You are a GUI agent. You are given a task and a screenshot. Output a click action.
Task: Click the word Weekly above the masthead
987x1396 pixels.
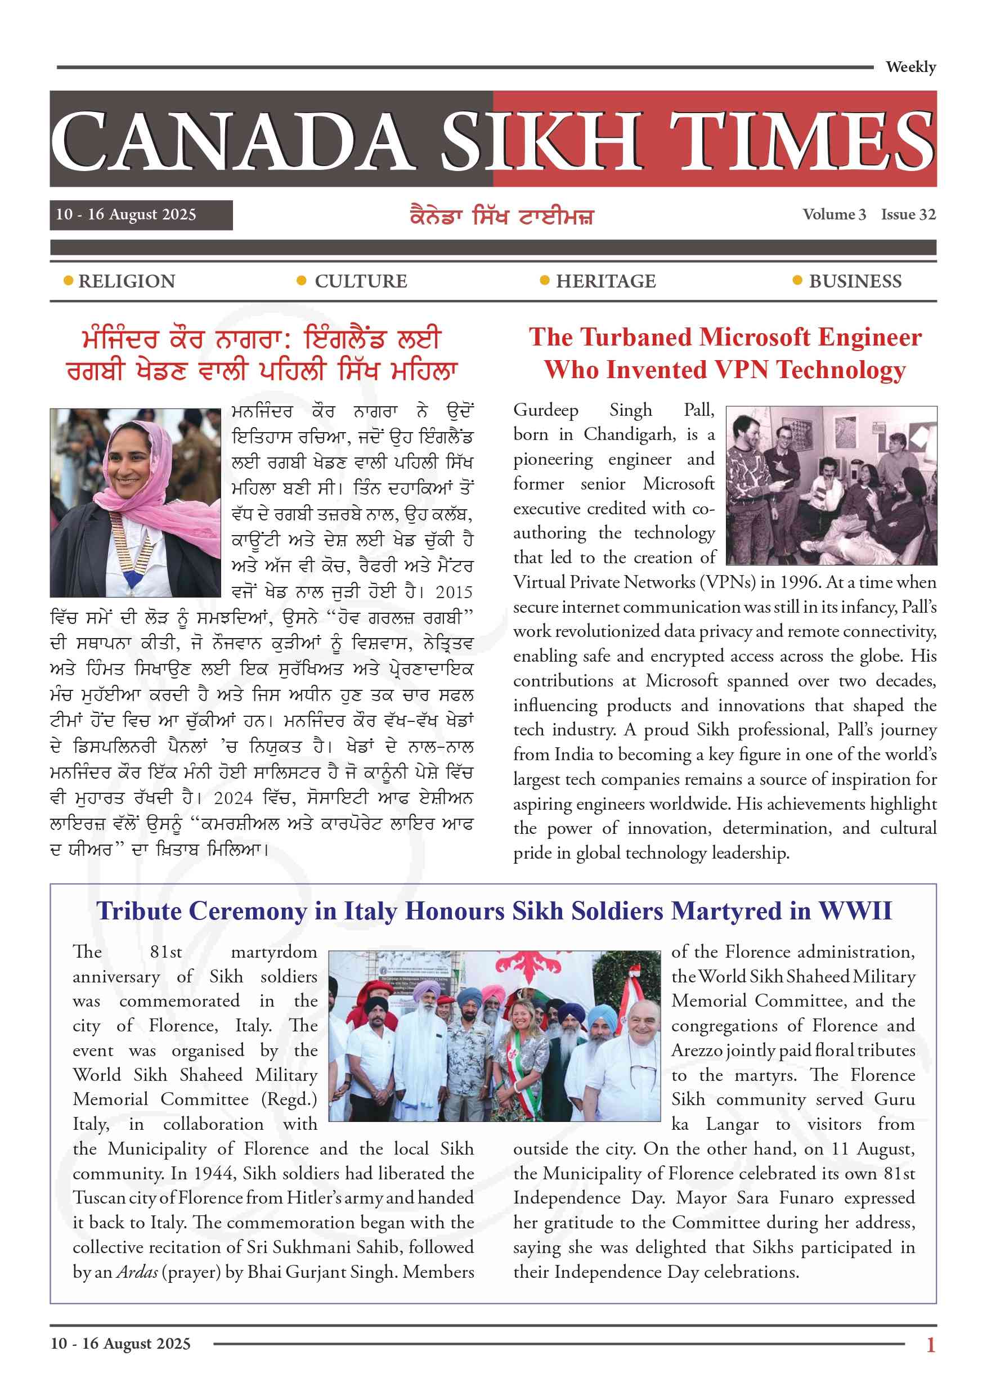910,67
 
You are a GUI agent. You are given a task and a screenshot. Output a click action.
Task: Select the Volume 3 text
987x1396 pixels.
834,214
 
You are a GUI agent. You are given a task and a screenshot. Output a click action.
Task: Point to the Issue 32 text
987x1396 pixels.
908,214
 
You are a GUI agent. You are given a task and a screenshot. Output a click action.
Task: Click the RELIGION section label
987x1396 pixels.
127,281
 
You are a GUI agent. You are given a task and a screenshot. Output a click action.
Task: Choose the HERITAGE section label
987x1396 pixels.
605,281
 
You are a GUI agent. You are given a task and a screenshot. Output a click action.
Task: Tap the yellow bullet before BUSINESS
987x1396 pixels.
797,280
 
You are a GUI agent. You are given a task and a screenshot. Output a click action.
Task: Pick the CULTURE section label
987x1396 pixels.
361,281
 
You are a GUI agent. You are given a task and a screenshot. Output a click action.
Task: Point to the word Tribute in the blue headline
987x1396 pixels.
139,911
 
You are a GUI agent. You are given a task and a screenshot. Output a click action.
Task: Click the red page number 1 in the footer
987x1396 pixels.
930,1344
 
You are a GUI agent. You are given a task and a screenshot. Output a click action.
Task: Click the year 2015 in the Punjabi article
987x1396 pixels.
454,592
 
